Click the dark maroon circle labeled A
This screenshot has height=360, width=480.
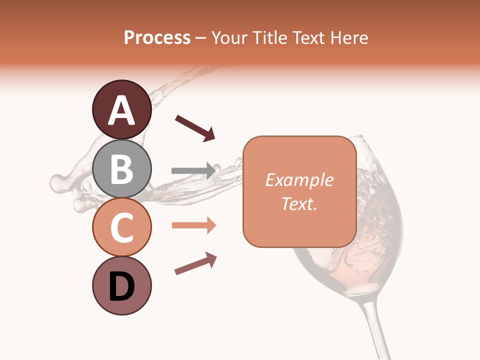pyautogui.click(x=121, y=110)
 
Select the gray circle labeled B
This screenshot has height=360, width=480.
pyautogui.click(x=121, y=169)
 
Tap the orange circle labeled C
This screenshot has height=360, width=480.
pyautogui.click(x=121, y=227)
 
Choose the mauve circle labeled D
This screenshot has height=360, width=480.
pyautogui.click(x=121, y=286)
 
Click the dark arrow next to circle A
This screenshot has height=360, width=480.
pyautogui.click(x=195, y=128)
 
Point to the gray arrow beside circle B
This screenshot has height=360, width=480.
pyautogui.click(x=193, y=170)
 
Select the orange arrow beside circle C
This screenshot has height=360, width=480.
pyautogui.click(x=194, y=225)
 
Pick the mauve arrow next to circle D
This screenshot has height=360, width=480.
pyautogui.click(x=195, y=263)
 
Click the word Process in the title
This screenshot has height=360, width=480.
pyautogui.click(x=157, y=38)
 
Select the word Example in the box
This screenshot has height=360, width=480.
pyautogui.click(x=299, y=180)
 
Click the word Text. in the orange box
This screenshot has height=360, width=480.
pyautogui.click(x=299, y=203)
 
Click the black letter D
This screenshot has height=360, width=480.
pyautogui.click(x=121, y=287)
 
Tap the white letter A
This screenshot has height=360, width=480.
pyautogui.click(x=121, y=111)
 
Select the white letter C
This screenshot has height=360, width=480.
pyautogui.click(x=121, y=228)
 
